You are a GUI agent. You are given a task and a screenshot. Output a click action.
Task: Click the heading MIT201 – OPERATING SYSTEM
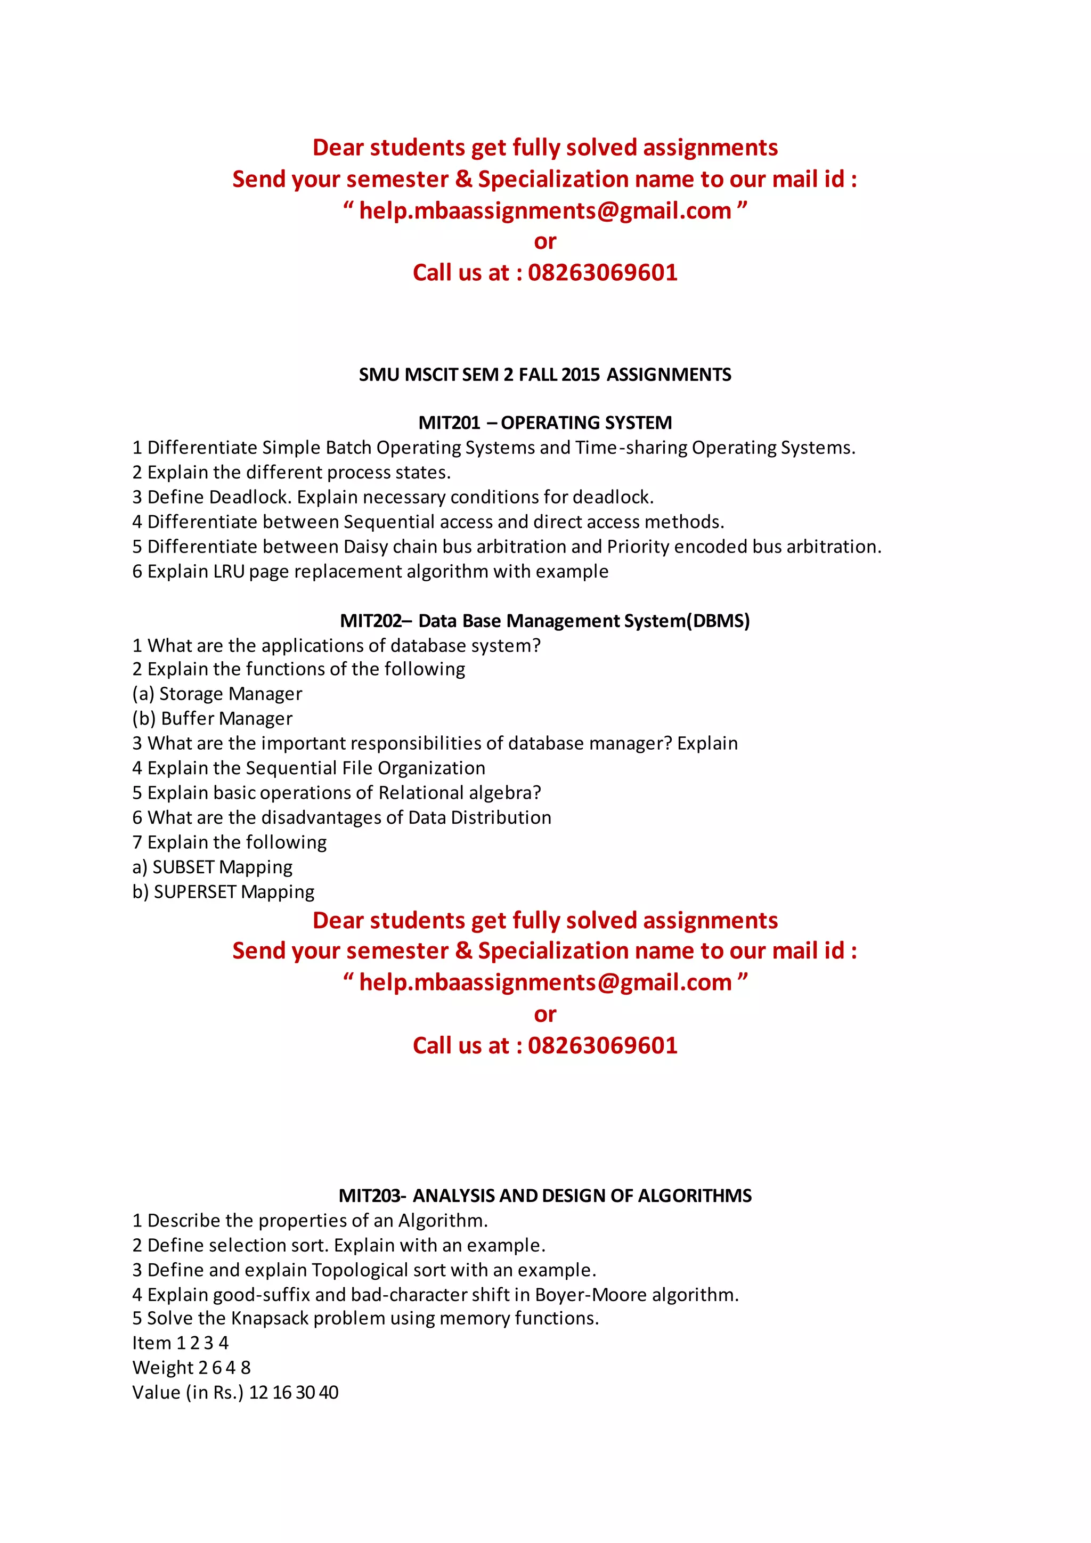tap(545, 423)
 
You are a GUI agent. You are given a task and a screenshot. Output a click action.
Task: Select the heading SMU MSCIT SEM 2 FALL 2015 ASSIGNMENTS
tap(545, 375)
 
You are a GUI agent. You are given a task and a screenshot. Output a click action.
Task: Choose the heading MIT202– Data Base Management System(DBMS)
tap(545, 620)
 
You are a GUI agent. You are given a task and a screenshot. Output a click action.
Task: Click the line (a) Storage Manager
tap(217, 694)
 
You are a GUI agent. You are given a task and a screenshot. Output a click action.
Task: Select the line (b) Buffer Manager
tap(213, 718)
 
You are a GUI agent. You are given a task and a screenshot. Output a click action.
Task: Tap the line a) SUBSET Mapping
tap(213, 867)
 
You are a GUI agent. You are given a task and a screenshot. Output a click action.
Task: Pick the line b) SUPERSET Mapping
tap(223, 892)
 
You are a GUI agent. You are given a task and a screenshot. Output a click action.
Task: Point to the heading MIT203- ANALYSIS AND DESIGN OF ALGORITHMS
tap(545, 1196)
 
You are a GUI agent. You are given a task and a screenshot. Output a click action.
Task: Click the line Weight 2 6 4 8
tap(191, 1368)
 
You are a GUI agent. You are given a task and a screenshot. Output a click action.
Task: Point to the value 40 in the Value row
tap(329, 1392)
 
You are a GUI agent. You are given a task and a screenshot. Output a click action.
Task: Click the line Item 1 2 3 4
tap(180, 1343)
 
